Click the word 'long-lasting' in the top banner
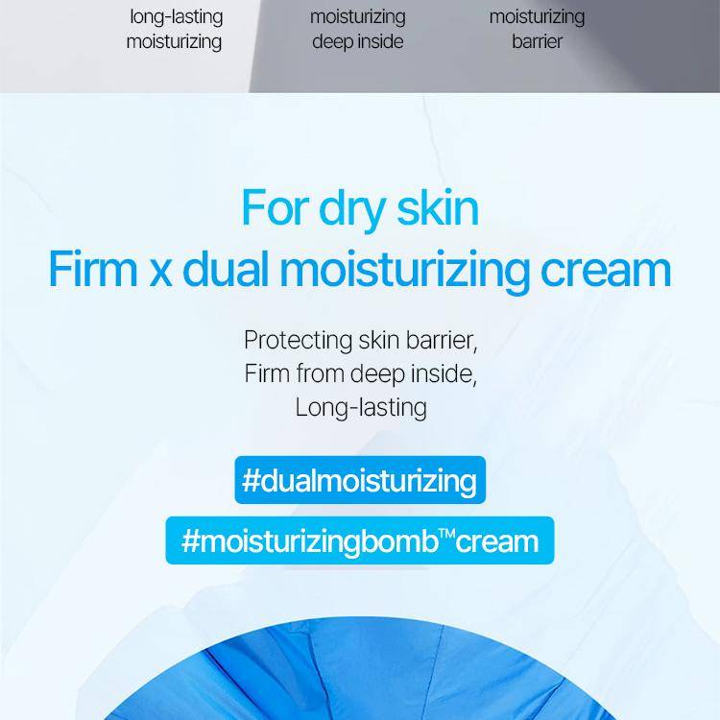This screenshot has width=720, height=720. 177,17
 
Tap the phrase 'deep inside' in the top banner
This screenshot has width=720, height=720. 358,42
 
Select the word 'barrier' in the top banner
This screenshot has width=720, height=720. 537,42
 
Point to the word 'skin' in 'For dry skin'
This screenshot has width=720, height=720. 438,207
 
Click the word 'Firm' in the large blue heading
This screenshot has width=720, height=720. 93,269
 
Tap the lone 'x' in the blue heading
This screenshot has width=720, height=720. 160,275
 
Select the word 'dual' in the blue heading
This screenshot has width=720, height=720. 226,269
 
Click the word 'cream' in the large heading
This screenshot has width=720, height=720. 606,274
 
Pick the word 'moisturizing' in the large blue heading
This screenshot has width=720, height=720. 404,273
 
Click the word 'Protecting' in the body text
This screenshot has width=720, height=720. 298,340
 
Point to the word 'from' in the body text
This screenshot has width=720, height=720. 319,372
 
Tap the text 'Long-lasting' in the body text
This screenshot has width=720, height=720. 361,408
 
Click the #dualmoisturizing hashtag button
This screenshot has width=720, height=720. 360,480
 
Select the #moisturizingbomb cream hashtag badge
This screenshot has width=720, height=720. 360,540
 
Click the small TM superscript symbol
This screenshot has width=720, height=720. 446,534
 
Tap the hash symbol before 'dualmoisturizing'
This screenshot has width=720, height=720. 251,480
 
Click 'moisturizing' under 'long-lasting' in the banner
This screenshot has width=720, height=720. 174,42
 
